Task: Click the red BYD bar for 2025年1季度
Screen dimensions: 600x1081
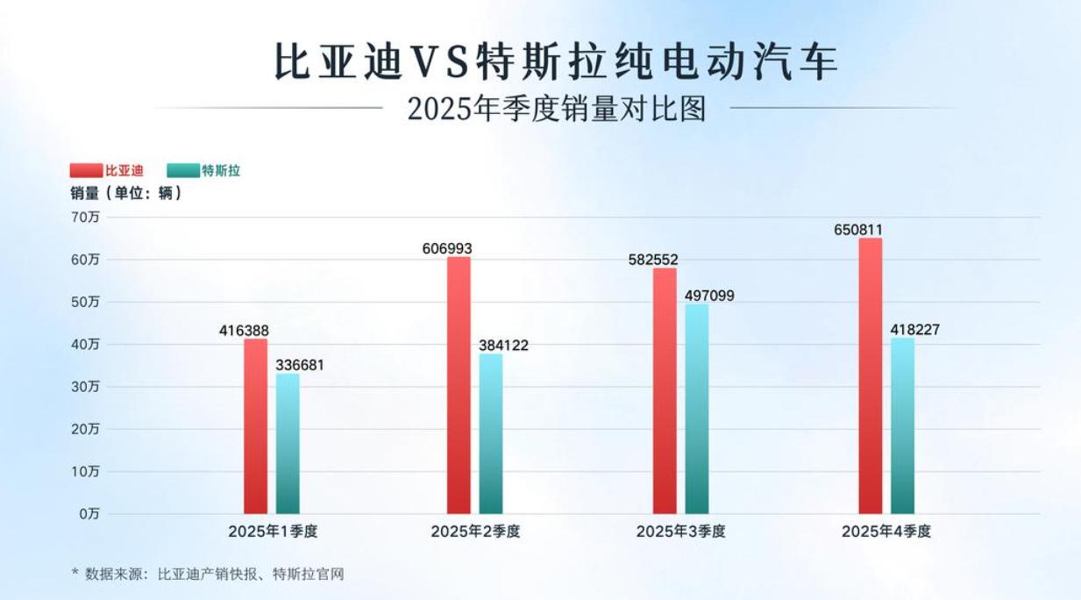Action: [256, 426]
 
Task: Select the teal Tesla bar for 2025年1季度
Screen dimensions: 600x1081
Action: [288, 444]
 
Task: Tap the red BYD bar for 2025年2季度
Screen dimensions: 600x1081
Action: [459, 385]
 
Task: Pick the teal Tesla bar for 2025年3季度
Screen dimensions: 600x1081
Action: [697, 409]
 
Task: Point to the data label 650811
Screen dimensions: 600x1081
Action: [858, 230]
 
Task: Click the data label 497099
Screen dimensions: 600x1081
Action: [709, 296]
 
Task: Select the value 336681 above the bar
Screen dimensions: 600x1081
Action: [299, 365]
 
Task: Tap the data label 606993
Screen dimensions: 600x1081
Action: [447, 248]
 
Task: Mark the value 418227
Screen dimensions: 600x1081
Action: [915, 330]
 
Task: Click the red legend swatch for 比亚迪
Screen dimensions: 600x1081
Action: [87, 171]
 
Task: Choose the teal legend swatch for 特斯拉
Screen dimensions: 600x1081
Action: [182, 171]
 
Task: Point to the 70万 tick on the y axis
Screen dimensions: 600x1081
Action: [85, 218]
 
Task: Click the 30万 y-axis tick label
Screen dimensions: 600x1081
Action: [85, 387]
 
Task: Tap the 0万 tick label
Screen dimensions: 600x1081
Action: [89, 514]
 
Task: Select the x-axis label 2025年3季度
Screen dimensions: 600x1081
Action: [681, 532]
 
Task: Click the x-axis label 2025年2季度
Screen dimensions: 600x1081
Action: [475, 532]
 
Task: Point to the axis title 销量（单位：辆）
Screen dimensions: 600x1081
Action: [126, 194]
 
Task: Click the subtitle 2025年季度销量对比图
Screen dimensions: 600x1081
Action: [556, 109]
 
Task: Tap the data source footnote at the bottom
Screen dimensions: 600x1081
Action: [208, 575]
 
